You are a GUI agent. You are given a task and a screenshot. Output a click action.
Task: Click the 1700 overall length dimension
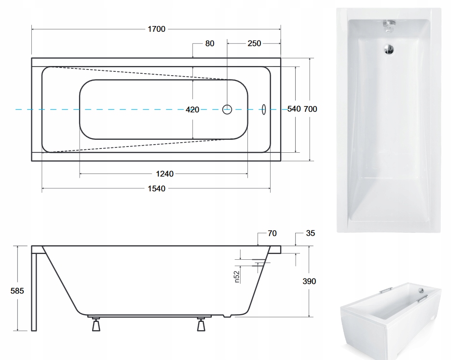[x=156, y=29]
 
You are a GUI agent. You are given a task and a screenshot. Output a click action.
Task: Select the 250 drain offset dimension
[x=254, y=44]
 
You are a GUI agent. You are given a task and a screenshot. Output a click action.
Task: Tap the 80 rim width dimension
[x=210, y=44]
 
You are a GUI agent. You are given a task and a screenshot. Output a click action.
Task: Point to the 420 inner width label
[x=192, y=110]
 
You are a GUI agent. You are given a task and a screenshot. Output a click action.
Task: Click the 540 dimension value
[x=294, y=109]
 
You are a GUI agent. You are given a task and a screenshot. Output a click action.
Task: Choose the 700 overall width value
[x=310, y=109]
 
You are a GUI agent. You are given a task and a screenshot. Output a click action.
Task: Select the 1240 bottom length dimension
[x=165, y=174]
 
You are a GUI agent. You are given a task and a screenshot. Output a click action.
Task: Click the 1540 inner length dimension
[x=156, y=189]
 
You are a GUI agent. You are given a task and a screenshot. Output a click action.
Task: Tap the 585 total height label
[x=17, y=291]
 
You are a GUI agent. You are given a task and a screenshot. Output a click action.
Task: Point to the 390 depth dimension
[x=309, y=281]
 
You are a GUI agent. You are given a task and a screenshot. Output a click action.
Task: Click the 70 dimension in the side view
[x=272, y=233]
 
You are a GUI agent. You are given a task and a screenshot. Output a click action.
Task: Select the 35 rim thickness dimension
[x=310, y=233]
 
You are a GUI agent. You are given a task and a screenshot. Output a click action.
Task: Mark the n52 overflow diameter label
[x=237, y=277]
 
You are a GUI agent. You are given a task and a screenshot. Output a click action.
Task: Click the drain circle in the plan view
[x=227, y=109]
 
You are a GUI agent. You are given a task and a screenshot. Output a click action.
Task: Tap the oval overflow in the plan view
[x=264, y=109]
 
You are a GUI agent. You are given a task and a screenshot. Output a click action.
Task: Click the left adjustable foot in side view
[x=96, y=324]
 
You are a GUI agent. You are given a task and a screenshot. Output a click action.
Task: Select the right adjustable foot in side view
[x=201, y=324]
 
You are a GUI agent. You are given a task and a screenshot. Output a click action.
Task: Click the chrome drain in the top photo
[x=389, y=49]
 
